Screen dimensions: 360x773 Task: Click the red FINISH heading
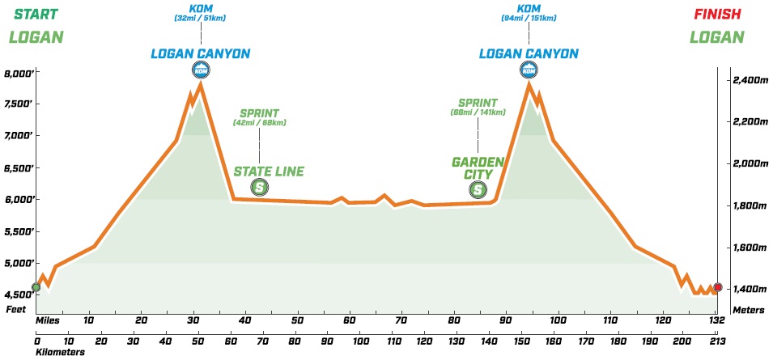tap(716, 14)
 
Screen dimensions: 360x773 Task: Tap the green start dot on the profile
tap(36, 287)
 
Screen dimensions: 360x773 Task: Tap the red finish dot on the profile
tap(718, 287)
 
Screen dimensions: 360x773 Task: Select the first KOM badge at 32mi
tap(200, 70)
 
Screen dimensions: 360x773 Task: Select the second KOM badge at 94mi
tap(529, 70)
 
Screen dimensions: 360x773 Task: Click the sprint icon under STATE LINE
tap(260, 188)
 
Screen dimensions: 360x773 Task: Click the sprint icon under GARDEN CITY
tap(478, 189)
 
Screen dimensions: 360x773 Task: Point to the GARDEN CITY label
tap(478, 167)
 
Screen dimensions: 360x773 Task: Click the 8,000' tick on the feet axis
tap(20, 73)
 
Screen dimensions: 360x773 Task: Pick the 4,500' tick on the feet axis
tap(20, 294)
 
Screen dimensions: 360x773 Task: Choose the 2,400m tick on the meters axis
tap(749, 80)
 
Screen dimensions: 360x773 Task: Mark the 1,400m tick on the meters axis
tap(749, 289)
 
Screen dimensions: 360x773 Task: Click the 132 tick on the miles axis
tap(716, 320)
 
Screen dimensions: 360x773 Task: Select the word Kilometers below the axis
tap(59, 352)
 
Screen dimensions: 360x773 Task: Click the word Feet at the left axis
tap(16, 309)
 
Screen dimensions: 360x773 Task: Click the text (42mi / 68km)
tap(260, 123)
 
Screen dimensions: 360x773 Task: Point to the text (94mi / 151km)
tap(529, 18)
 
